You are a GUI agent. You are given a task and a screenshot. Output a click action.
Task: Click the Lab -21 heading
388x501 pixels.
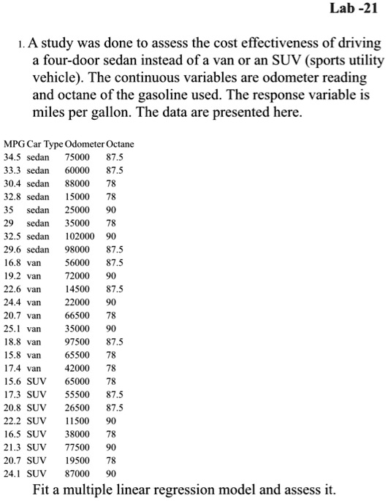pos(353,11)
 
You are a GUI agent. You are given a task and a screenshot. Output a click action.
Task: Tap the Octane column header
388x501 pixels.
pos(121,144)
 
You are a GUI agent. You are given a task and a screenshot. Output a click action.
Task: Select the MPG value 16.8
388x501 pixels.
pos(12,263)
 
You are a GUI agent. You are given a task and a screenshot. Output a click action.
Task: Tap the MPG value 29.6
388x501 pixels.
pos(12,250)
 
